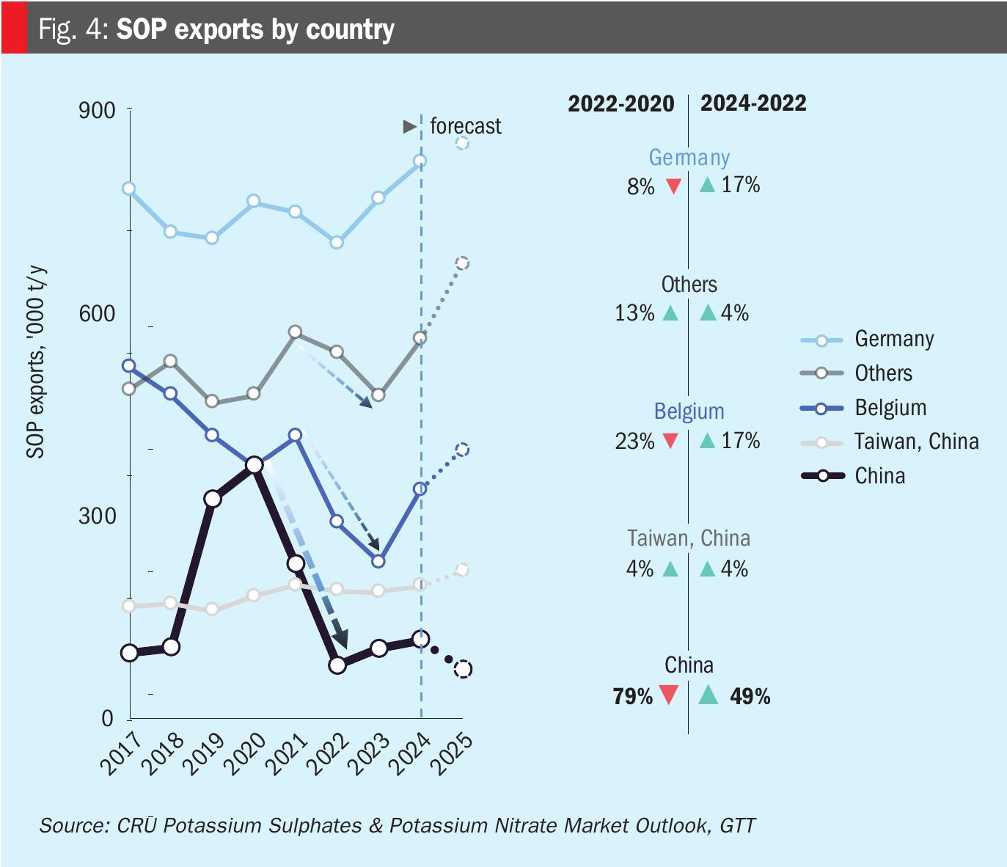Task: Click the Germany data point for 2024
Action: [x=420, y=161]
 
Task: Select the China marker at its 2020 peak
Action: [x=255, y=465]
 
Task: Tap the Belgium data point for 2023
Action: [x=378, y=561]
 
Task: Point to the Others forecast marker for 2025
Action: [x=462, y=263]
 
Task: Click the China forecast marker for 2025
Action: [x=463, y=669]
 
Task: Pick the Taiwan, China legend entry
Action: [x=916, y=442]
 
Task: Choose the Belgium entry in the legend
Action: [x=890, y=408]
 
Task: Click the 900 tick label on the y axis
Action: [x=97, y=111]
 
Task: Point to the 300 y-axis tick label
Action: [x=97, y=516]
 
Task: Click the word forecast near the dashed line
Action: [x=465, y=126]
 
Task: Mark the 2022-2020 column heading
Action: [x=620, y=103]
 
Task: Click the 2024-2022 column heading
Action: [x=753, y=103]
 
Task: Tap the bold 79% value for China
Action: [x=632, y=696]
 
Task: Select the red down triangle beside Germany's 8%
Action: [x=673, y=186]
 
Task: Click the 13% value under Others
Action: [x=634, y=313]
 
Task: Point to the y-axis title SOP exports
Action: [x=35, y=362]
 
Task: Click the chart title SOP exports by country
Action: [x=255, y=29]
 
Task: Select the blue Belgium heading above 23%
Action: [x=689, y=411]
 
